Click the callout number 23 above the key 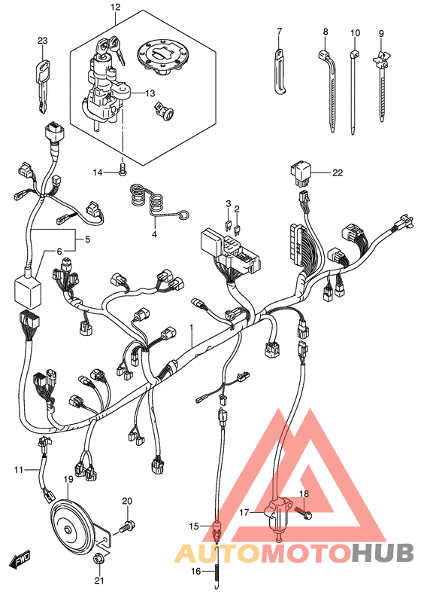43,41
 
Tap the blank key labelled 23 44,87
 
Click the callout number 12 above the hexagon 115,7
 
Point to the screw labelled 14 123,169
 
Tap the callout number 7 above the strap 279,31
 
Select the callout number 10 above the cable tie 355,33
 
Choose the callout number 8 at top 326,32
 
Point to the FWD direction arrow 20,561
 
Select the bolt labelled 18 304,512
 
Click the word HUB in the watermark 383,552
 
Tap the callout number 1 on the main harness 192,328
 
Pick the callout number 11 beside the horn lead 19,469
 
